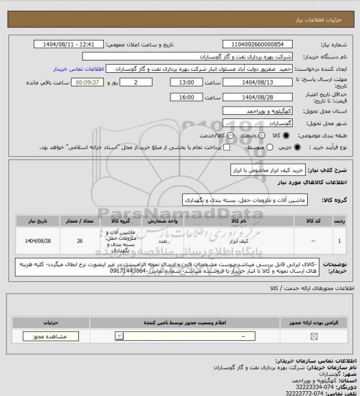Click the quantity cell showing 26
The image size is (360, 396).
(80, 242)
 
